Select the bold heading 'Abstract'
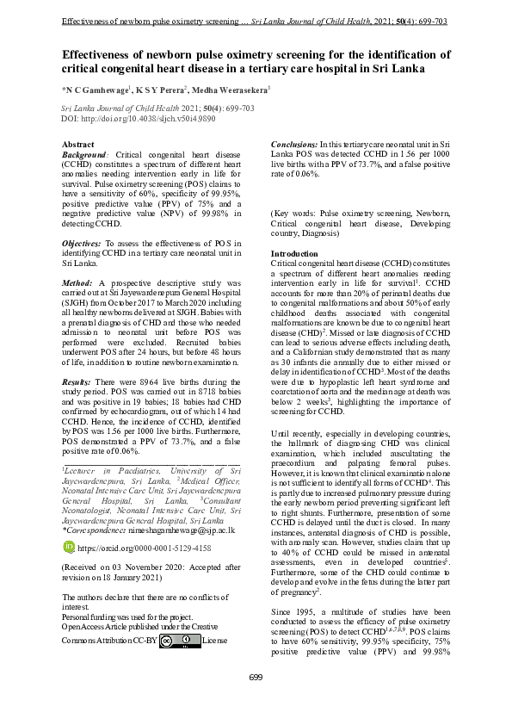tap(79, 144)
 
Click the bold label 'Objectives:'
tap(82, 244)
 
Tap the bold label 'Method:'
tap(77, 282)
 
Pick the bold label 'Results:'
tap(78, 380)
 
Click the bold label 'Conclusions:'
tap(293, 144)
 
